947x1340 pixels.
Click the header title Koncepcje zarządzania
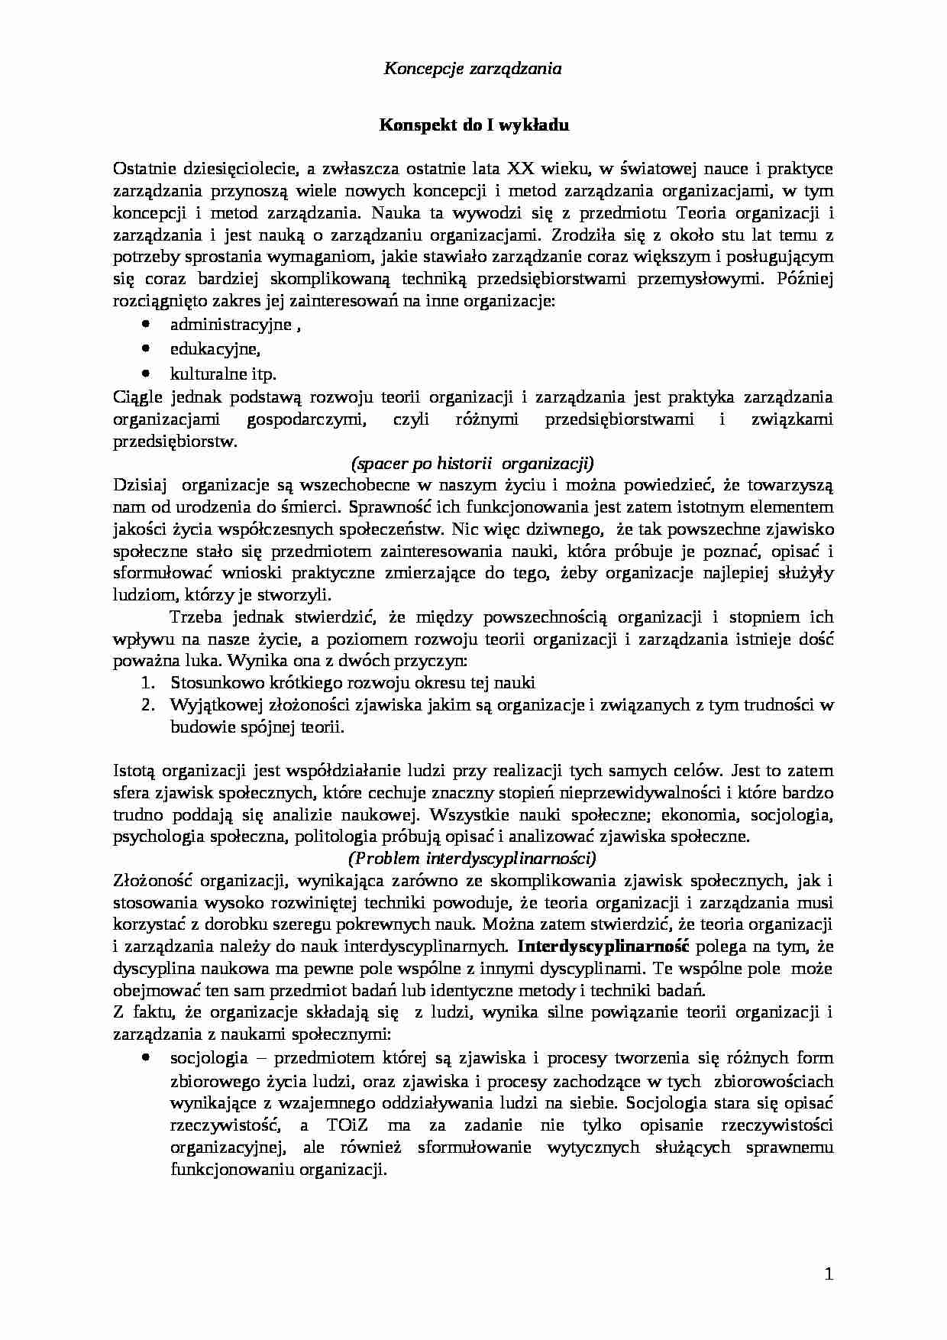(x=473, y=69)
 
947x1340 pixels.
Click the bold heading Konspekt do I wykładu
(x=474, y=125)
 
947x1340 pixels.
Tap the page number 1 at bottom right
(x=829, y=1274)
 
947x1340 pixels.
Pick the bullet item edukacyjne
(x=215, y=349)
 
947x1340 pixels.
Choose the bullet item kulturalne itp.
(x=223, y=374)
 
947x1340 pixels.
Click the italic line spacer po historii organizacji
(x=473, y=463)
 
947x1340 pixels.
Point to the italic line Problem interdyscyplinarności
(x=473, y=858)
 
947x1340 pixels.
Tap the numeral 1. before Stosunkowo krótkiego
(x=150, y=683)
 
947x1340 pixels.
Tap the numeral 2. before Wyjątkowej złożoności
(x=150, y=705)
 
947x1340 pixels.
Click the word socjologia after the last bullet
(x=208, y=1058)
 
